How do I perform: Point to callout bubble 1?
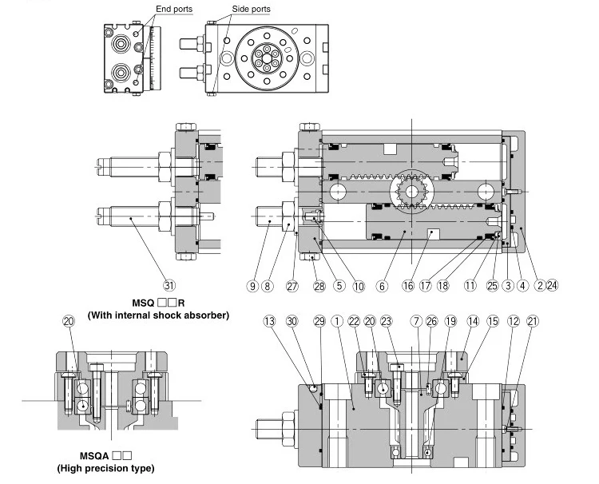click(x=338, y=320)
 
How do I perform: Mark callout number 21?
click(x=533, y=320)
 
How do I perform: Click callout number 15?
click(x=494, y=320)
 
